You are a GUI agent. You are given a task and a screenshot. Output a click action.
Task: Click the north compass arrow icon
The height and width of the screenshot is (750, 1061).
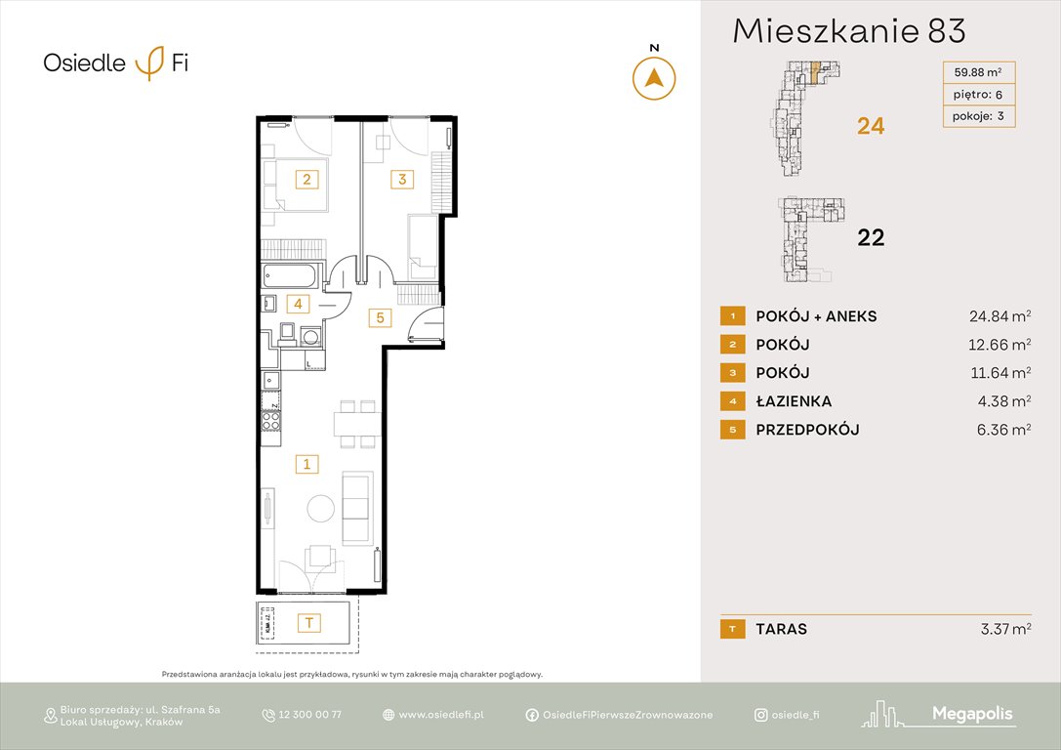click(654, 78)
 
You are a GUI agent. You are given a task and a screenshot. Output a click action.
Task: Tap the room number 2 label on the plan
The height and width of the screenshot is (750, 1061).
click(306, 179)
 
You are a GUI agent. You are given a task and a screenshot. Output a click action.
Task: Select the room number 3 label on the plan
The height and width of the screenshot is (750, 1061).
click(400, 179)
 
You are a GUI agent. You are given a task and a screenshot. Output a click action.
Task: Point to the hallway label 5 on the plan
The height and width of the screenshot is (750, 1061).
click(380, 316)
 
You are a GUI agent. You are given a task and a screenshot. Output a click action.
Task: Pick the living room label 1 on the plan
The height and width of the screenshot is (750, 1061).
click(306, 464)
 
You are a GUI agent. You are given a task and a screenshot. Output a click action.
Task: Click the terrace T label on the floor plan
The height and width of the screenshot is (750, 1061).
click(309, 622)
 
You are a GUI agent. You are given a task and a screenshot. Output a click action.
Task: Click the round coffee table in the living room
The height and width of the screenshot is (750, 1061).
click(320, 508)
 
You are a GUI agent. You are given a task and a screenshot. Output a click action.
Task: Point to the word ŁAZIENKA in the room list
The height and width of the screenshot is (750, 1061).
click(794, 401)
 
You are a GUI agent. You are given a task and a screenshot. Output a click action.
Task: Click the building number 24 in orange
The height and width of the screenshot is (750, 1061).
click(870, 126)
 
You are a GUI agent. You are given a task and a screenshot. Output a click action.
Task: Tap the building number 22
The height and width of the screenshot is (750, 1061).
click(870, 237)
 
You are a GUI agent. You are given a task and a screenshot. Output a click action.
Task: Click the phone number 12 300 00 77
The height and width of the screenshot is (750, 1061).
click(310, 715)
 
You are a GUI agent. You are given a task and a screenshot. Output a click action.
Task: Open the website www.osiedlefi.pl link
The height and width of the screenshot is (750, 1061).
click(441, 715)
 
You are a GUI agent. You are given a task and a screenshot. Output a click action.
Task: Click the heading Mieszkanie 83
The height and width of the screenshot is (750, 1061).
click(849, 31)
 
